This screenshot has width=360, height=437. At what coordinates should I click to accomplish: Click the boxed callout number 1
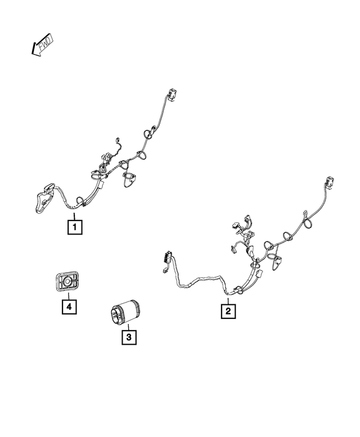pyautogui.click(x=74, y=227)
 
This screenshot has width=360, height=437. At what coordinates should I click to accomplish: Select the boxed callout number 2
pyautogui.click(x=228, y=310)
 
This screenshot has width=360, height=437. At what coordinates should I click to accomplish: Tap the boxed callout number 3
pyautogui.click(x=128, y=337)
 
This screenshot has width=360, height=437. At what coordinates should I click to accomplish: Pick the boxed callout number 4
pyautogui.click(x=69, y=307)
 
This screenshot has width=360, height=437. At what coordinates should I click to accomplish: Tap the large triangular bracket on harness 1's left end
pyautogui.click(x=43, y=200)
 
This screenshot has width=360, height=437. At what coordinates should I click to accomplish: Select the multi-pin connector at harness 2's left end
pyautogui.click(x=165, y=258)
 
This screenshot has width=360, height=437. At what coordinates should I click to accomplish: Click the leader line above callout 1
pyautogui.click(x=73, y=213)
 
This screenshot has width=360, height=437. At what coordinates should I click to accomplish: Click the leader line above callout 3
pyautogui.click(x=128, y=328)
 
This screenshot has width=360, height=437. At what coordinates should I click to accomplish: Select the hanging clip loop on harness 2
pyautogui.click(x=277, y=261)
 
